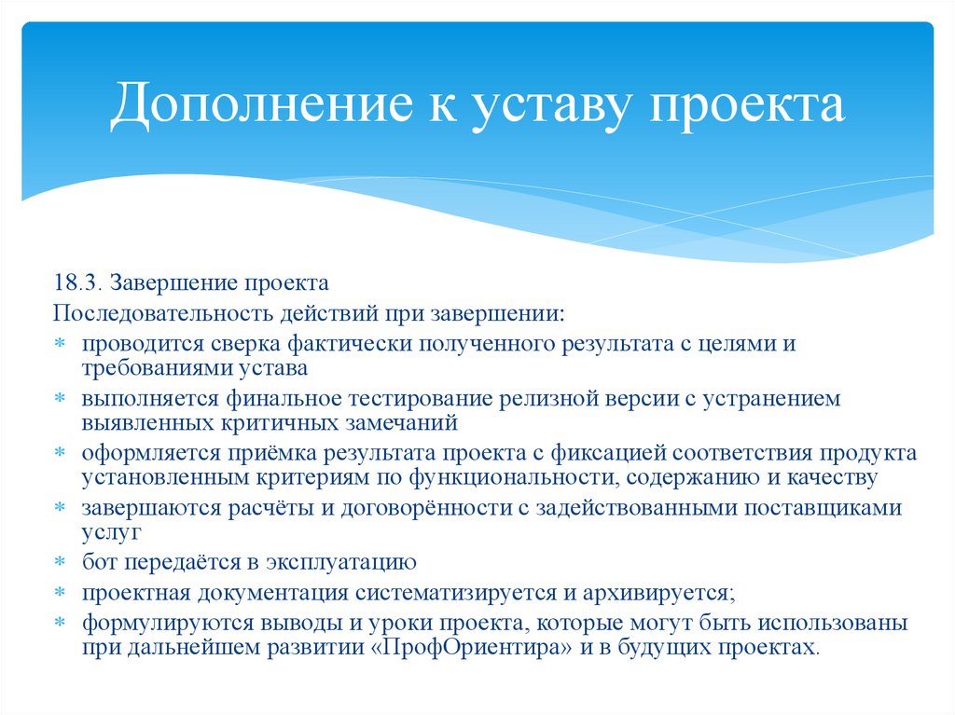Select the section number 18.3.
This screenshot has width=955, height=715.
[78, 282]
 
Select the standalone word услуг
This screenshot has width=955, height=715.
[110, 533]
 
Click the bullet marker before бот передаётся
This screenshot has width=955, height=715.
[60, 564]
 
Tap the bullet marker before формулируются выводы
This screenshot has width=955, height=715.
[60, 624]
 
